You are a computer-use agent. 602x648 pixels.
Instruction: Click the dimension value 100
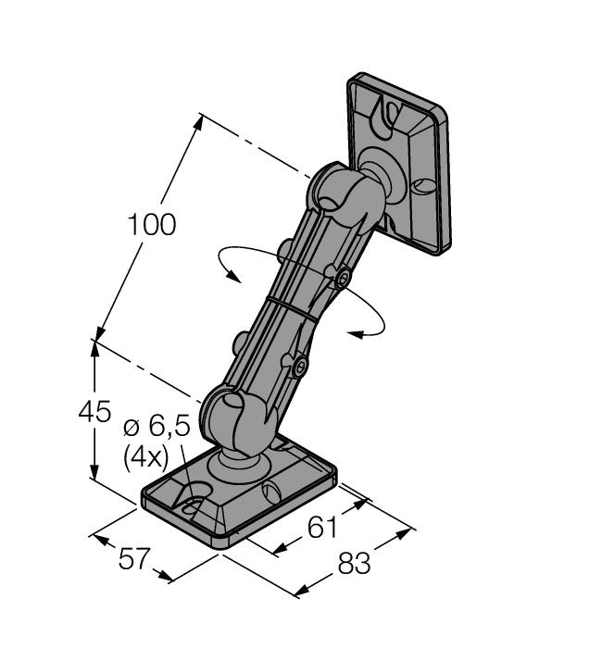[152, 224]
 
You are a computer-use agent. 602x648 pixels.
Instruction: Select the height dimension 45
[94, 411]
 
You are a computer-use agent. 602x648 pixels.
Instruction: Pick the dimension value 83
[353, 563]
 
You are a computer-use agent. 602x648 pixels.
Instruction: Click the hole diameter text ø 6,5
[156, 427]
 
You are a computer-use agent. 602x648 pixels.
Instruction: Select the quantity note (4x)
[146, 456]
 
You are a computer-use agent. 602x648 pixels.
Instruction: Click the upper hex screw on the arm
[343, 278]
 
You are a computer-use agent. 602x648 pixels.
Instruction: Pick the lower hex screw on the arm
[299, 368]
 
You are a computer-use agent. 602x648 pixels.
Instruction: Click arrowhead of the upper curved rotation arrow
[235, 275]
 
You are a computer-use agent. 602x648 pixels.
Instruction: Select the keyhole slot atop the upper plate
[390, 117]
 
